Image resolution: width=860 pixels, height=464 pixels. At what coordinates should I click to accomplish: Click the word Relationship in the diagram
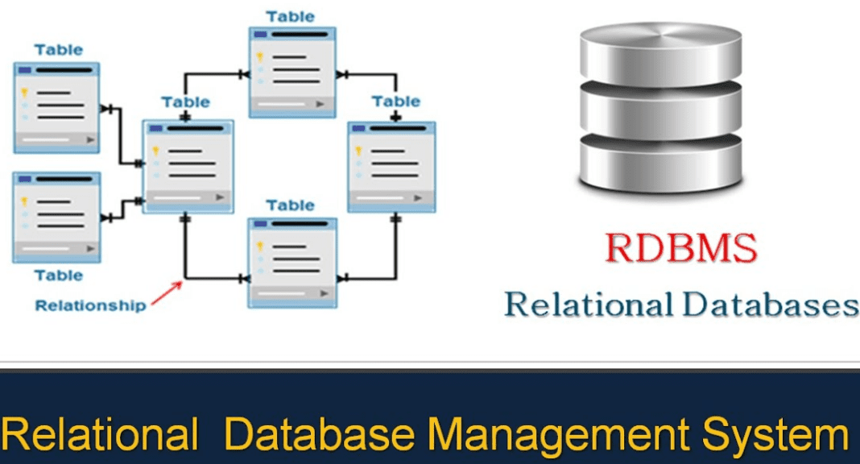[x=91, y=305]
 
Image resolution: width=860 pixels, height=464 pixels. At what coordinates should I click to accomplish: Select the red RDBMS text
[x=681, y=249]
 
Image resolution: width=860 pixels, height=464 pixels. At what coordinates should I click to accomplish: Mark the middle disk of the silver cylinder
[x=659, y=108]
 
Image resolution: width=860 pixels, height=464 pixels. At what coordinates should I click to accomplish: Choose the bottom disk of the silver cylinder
[x=659, y=165]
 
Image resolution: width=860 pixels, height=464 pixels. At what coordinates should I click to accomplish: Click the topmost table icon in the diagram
[x=291, y=72]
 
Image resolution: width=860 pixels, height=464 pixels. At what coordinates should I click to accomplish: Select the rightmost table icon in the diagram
[x=391, y=167]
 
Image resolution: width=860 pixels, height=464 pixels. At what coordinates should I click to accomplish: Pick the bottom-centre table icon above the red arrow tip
[x=291, y=263]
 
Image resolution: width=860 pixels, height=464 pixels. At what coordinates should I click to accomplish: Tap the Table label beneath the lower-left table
[x=58, y=275]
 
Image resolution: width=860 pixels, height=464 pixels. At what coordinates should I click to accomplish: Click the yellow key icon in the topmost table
[x=260, y=58]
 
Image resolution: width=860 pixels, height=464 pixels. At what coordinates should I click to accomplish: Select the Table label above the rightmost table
[x=396, y=101]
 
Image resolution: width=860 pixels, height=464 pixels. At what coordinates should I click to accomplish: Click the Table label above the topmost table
[x=291, y=16]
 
